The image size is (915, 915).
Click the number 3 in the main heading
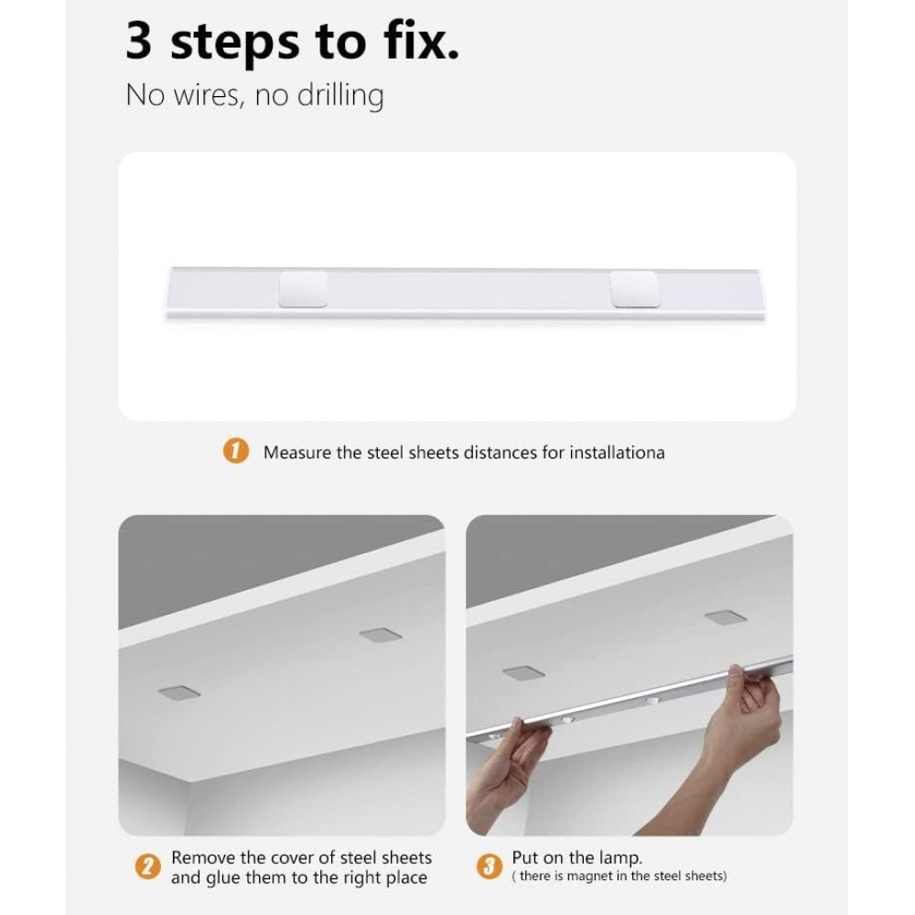click(x=139, y=40)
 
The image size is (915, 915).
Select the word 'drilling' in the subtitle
click(x=340, y=96)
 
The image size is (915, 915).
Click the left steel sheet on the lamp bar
click(x=303, y=289)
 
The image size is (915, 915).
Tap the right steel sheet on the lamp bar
click(x=635, y=289)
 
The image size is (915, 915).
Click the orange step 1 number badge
click(x=236, y=452)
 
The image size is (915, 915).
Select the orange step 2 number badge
click(x=147, y=867)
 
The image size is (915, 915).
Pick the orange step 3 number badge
click(x=489, y=867)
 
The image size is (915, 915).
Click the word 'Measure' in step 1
click(x=297, y=453)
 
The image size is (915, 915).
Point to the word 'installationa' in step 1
click(x=617, y=453)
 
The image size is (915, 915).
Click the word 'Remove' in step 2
click(x=203, y=858)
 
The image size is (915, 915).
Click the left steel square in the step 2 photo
click(x=179, y=693)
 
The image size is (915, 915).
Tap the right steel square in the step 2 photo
click(x=381, y=635)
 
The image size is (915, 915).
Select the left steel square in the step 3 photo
click(x=523, y=673)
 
